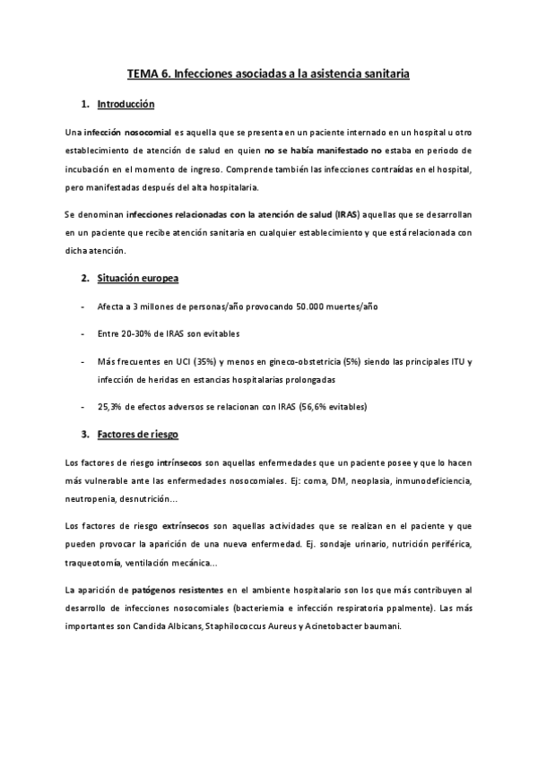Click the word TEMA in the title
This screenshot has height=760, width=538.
(x=142, y=75)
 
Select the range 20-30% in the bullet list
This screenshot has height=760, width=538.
(x=145, y=333)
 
